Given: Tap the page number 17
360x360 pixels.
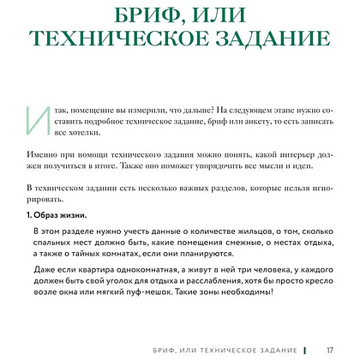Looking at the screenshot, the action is point(330,350).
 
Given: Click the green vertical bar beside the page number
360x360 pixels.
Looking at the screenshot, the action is point(304,350).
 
